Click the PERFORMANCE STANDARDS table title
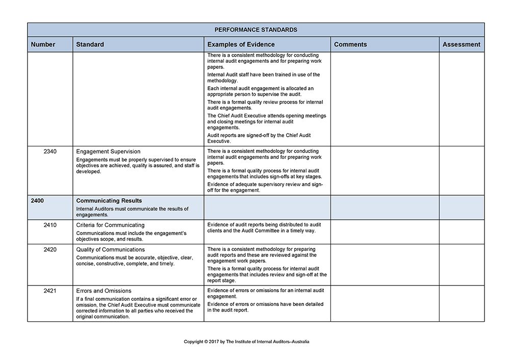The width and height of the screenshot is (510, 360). [x=256, y=30]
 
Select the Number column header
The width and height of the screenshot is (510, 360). [x=43, y=44]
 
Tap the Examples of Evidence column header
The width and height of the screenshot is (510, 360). [x=241, y=44]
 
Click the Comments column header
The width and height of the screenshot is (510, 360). [x=350, y=44]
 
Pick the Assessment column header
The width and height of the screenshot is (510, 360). [x=461, y=44]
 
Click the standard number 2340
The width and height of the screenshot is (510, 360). [x=50, y=151]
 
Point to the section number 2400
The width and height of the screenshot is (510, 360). [x=37, y=201]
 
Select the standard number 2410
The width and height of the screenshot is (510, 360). [x=50, y=225]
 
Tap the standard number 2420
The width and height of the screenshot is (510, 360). [x=50, y=250]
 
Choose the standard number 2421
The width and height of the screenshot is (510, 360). [x=50, y=291]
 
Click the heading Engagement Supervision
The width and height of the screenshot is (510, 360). [x=108, y=151]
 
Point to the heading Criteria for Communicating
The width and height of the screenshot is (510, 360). [x=110, y=225]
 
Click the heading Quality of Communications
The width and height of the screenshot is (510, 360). [x=110, y=250]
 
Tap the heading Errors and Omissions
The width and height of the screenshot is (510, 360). [x=104, y=291]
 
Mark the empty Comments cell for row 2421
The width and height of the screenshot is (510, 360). [x=385, y=303]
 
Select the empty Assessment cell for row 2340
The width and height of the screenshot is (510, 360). [x=462, y=170]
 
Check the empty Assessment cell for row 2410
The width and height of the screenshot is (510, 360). [x=462, y=232]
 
